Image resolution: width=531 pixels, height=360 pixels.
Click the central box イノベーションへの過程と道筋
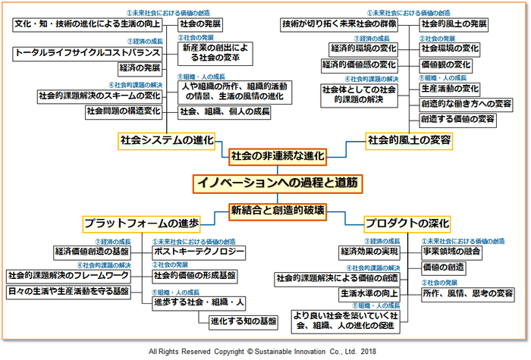[277, 183]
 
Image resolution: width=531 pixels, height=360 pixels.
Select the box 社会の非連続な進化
[277, 156]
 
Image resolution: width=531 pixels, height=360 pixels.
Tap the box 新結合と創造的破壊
[278, 210]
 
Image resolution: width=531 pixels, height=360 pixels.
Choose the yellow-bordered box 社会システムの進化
[166, 139]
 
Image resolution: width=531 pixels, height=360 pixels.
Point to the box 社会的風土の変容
[409, 139]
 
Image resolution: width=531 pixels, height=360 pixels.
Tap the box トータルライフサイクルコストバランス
[88, 53]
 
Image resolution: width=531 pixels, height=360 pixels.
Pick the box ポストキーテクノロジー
[199, 251]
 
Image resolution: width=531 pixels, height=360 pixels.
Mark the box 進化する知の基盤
[243, 321]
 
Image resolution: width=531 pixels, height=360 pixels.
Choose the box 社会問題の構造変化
[124, 111]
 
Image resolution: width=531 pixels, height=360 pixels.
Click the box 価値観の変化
[450, 65]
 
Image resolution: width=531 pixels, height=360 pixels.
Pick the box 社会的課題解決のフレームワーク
[69, 274]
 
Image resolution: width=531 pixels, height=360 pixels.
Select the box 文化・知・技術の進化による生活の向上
[87, 23]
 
